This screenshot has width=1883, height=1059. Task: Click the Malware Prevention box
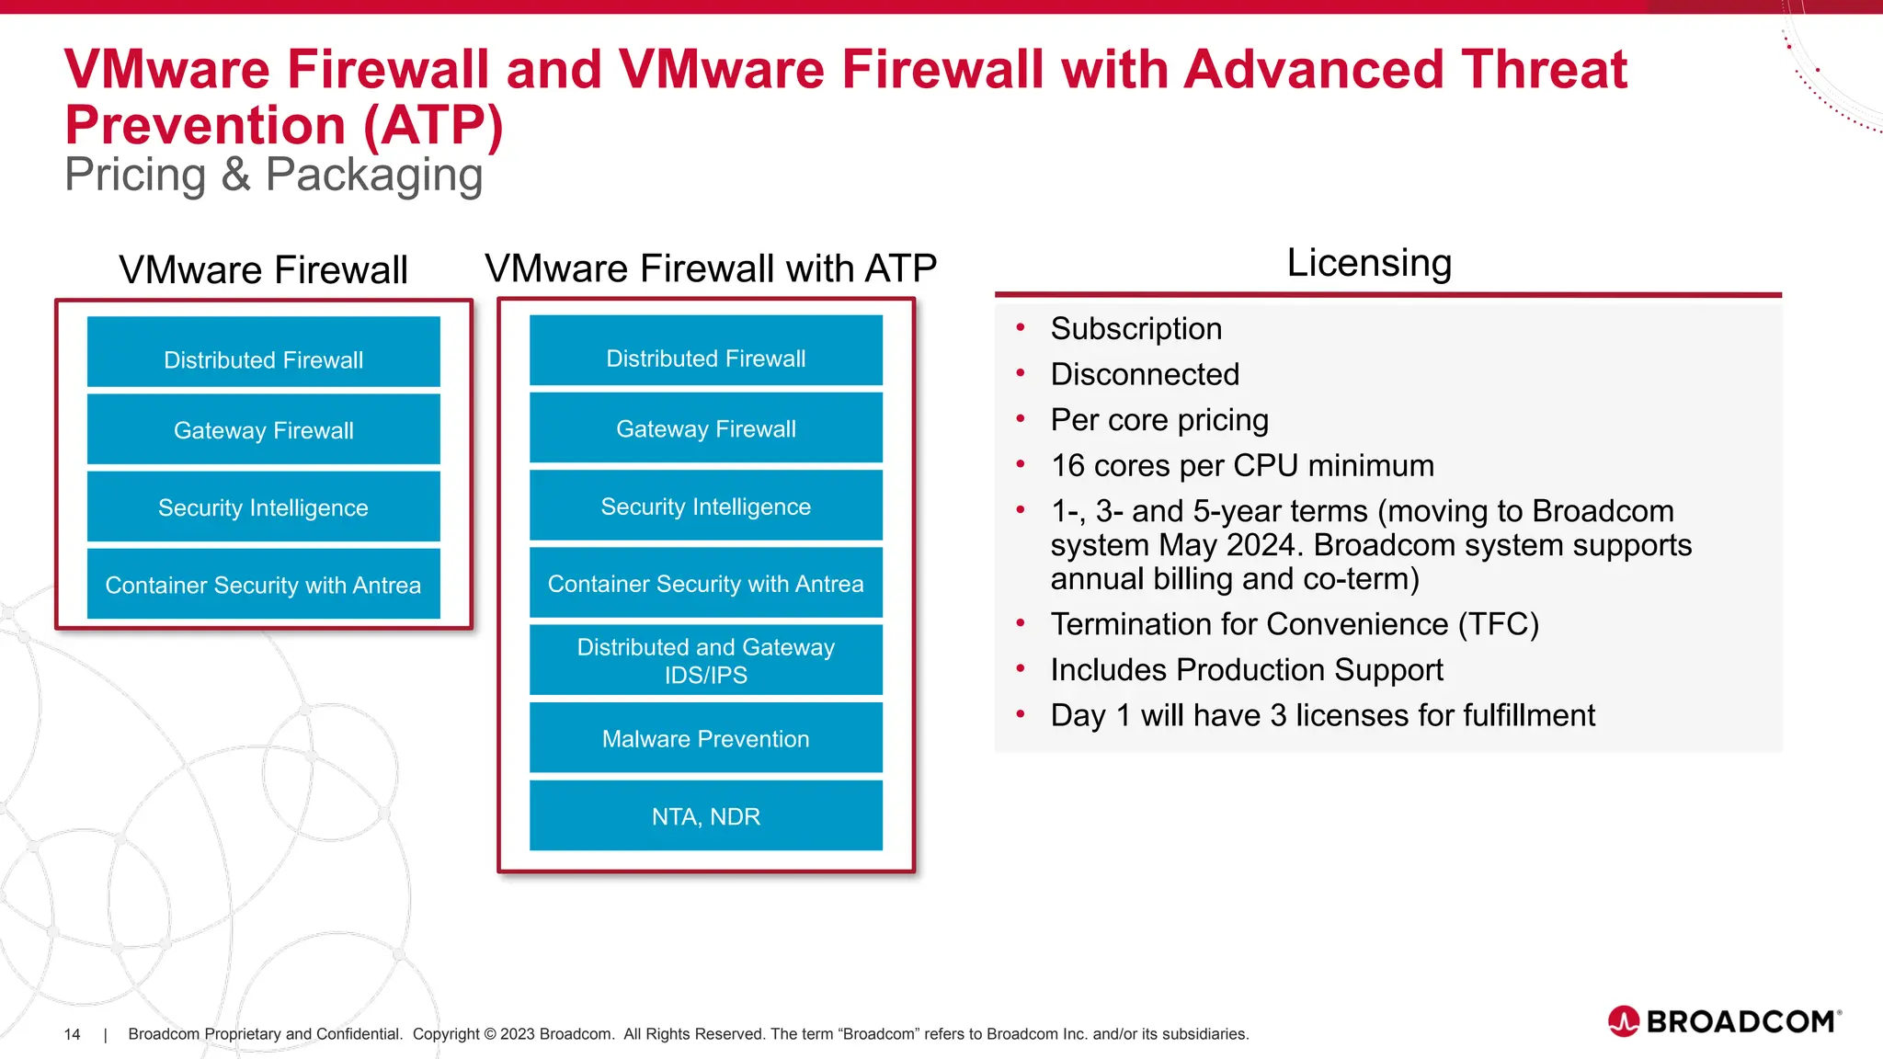pyautogui.click(x=705, y=738)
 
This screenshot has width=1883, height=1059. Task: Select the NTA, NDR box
pyautogui.click(x=705, y=815)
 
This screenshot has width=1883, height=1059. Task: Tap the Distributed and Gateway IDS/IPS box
pyautogui.click(x=705, y=660)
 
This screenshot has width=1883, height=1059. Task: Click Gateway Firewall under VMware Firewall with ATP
pyautogui.click(x=705, y=428)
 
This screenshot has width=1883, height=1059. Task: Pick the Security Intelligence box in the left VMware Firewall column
pyautogui.click(x=263, y=507)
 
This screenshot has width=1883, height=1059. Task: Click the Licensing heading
pyautogui.click(x=1368, y=263)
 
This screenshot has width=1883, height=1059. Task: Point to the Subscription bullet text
pyautogui.click(x=1136, y=329)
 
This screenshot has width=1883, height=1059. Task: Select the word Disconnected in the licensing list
pyautogui.click(x=1145, y=374)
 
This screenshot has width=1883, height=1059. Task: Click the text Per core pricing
pyautogui.click(x=1158, y=420)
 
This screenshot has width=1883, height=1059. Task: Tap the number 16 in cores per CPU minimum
pyautogui.click(x=1067, y=466)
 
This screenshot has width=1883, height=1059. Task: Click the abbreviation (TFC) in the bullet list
pyautogui.click(x=1498, y=624)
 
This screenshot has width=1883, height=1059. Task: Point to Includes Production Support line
pyautogui.click(x=1246, y=670)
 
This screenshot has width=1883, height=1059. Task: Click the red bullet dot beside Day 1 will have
pyautogui.click(x=1020, y=714)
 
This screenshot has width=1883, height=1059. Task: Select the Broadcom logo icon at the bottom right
pyautogui.click(x=1624, y=1021)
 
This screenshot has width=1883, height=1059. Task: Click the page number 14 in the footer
pyautogui.click(x=72, y=1034)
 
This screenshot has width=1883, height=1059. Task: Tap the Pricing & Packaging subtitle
pyautogui.click(x=273, y=175)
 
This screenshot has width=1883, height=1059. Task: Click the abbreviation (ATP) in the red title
pyautogui.click(x=433, y=125)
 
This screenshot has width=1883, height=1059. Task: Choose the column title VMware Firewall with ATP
pyautogui.click(x=710, y=268)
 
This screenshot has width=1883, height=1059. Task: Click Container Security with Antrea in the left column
pyautogui.click(x=263, y=585)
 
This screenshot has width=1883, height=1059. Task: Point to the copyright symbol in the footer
pyautogui.click(x=490, y=1034)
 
